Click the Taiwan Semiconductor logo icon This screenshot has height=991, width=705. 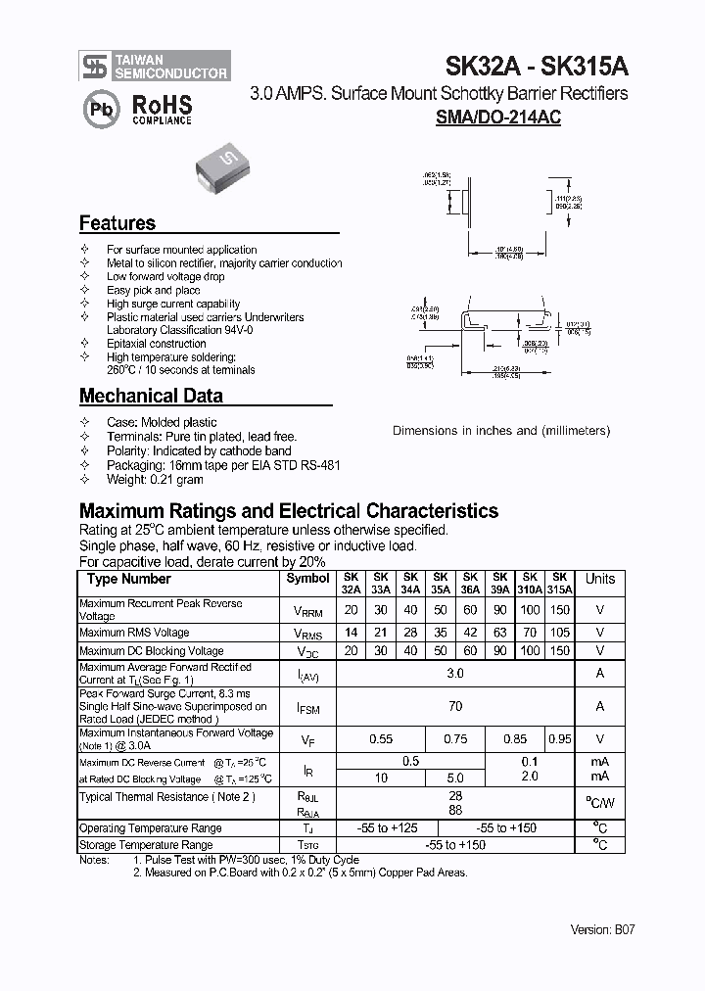tap(94, 66)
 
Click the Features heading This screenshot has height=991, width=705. tap(117, 223)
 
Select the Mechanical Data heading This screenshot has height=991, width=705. tap(150, 397)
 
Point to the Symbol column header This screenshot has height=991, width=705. tap(307, 579)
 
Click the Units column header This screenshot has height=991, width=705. tap(600, 579)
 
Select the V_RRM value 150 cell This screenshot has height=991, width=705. tap(559, 609)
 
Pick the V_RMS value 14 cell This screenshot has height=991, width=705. tap(351, 633)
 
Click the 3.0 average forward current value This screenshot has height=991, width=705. tap(454, 674)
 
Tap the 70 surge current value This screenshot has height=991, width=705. tap(454, 706)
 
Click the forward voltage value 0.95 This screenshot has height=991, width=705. tap(559, 740)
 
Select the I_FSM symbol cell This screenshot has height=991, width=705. tap(307, 706)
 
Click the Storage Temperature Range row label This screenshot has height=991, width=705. tap(146, 844)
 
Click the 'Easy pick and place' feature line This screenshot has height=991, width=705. tap(153, 291)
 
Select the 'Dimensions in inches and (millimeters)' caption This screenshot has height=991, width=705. tap(501, 431)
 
